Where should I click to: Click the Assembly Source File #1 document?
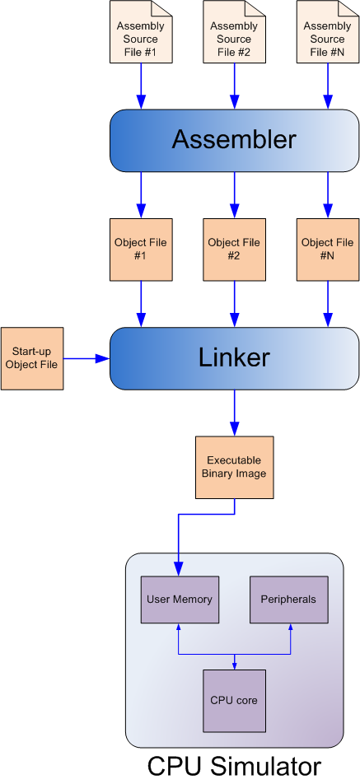click(x=141, y=32)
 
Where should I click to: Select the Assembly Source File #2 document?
click(x=234, y=32)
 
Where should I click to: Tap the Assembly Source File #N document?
click(x=328, y=32)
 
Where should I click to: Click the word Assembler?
click(x=234, y=141)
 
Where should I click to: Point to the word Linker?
click(x=234, y=358)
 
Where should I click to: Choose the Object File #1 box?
click(x=141, y=250)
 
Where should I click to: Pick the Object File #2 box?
click(x=234, y=250)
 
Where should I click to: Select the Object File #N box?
click(x=328, y=250)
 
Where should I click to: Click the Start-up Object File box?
click(x=32, y=358)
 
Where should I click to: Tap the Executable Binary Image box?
click(x=234, y=467)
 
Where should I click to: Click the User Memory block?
click(x=180, y=600)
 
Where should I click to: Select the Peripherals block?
click(x=289, y=600)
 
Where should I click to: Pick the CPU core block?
click(x=234, y=701)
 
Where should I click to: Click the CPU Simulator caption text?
click(x=234, y=766)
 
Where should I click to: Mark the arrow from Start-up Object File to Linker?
click(x=86, y=358)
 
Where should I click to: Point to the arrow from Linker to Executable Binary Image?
click(x=234, y=413)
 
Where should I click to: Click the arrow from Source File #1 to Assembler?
click(x=141, y=86)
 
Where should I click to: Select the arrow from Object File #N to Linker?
click(x=328, y=304)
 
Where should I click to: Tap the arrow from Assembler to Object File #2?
click(x=234, y=195)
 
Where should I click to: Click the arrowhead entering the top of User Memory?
click(x=179, y=569)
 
